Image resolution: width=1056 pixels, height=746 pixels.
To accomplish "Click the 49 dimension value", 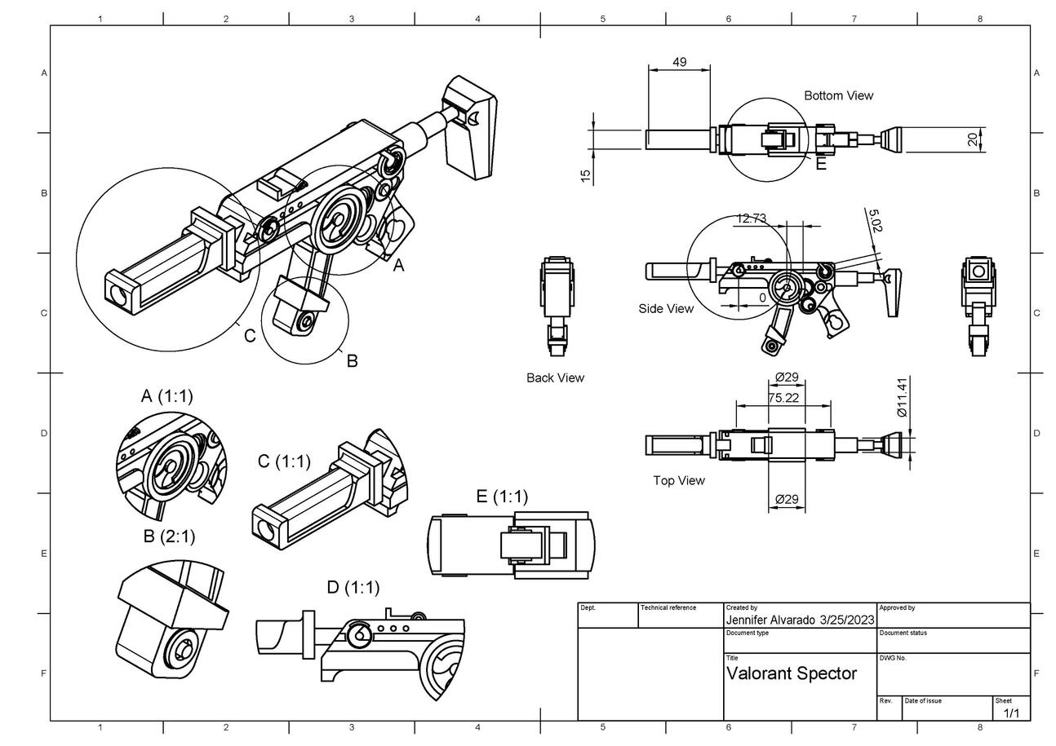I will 679,62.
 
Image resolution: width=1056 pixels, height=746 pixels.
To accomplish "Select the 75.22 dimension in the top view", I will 783,398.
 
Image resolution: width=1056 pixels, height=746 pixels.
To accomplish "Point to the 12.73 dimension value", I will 751,219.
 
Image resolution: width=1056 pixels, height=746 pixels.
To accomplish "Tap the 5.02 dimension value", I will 874,222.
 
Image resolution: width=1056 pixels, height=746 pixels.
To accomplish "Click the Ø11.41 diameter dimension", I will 902,397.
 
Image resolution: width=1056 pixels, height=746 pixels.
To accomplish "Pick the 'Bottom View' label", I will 838,95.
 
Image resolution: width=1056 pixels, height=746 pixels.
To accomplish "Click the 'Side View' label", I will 666,308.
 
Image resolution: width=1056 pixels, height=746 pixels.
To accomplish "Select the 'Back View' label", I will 555,377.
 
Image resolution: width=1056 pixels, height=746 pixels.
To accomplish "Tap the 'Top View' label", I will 679,480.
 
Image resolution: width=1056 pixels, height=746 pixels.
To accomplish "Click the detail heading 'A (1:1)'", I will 166,396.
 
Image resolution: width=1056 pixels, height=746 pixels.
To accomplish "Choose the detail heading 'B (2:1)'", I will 169,536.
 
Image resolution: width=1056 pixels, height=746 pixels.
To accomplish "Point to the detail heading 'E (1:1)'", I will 502,497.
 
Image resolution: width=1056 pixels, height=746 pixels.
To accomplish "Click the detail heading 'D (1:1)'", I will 353,587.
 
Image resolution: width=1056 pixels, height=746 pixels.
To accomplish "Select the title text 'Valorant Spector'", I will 792,673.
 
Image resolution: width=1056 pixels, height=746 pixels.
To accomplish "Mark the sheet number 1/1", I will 1011,713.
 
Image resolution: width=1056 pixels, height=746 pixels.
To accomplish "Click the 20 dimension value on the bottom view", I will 972,139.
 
